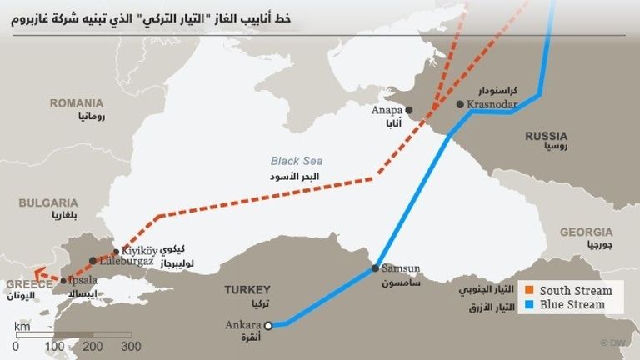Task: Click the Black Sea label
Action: point(296,161)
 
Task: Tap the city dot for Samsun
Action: point(376,268)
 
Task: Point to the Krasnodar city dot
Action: point(460,105)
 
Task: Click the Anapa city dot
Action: point(408,109)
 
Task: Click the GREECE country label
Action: point(26,283)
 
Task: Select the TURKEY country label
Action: point(247,290)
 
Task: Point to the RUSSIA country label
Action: point(546,136)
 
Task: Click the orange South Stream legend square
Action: point(528,291)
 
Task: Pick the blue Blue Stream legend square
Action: point(528,305)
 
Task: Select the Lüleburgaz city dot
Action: point(92,261)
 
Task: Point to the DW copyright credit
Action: point(616,342)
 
